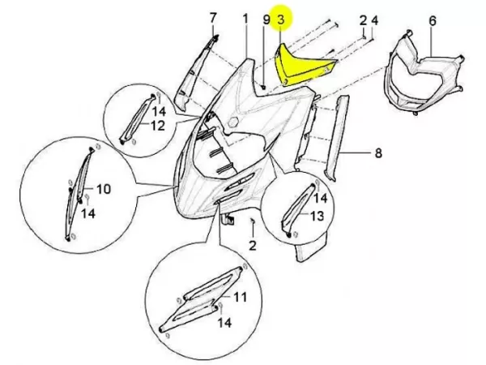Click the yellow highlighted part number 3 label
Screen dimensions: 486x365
[280, 19]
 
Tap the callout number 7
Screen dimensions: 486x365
[212, 18]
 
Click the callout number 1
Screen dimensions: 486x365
[245, 19]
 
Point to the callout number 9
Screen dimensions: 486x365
[266, 19]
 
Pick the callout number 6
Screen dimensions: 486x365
[433, 21]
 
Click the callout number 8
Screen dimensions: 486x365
[378, 153]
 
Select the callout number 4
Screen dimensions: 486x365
[375, 20]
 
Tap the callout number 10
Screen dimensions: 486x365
[104, 189]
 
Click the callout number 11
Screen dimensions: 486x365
[240, 297]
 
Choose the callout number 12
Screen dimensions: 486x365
[158, 126]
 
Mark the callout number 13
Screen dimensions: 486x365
[317, 216]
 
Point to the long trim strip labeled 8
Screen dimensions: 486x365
[338, 136]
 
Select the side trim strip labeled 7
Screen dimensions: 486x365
[195, 75]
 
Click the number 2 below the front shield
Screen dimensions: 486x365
[253, 245]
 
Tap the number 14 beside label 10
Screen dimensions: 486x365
[88, 213]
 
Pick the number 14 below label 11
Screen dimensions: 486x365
[224, 322]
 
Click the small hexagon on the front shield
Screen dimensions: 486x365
[233, 122]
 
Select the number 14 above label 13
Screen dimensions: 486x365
[321, 198]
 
